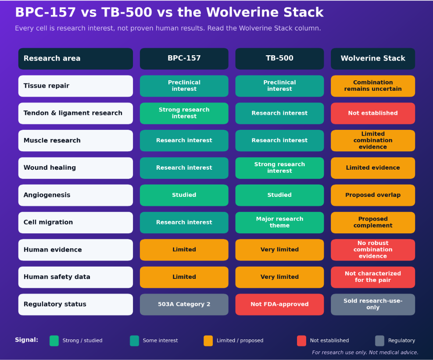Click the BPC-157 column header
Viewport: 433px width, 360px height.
(184, 58)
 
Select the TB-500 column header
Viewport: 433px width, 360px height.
(279, 58)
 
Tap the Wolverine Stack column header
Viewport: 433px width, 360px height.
(373, 58)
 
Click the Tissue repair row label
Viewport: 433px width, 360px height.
(75, 86)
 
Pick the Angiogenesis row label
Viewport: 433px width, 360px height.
(75, 195)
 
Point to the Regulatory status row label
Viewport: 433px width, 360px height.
(75, 304)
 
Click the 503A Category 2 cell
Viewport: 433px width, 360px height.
(184, 304)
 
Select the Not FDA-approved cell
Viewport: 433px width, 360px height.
(279, 304)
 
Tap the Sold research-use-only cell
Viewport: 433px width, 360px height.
(373, 304)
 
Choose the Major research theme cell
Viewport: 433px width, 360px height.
(279, 222)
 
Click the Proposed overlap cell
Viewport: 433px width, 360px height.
(373, 195)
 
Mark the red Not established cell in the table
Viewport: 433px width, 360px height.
(373, 113)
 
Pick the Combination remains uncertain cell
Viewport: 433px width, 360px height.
(373, 86)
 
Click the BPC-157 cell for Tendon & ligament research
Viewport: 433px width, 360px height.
(184, 113)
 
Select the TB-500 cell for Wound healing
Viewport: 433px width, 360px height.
(279, 168)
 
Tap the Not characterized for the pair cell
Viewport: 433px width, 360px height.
(373, 277)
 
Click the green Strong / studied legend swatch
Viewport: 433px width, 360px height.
(54, 341)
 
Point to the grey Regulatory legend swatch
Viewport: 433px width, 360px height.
(380, 341)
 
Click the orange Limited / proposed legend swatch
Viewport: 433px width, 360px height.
(208, 341)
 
